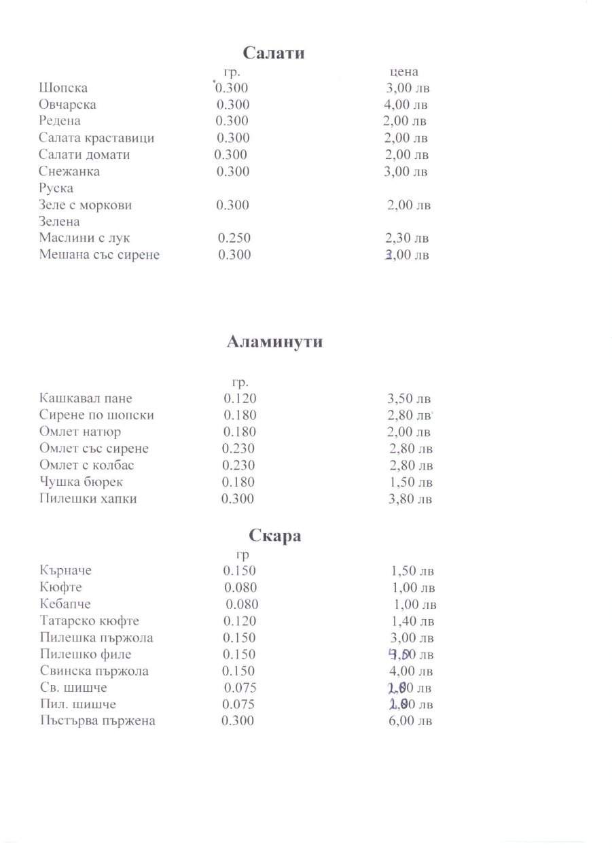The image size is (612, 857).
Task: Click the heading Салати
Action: coord(274,53)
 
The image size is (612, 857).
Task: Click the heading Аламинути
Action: coord(274,342)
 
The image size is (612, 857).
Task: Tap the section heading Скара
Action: coord(275,536)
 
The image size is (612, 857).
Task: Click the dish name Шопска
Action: coord(63,88)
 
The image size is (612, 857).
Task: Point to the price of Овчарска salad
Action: coord(406,105)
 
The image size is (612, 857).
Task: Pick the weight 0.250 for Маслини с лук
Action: coord(234,239)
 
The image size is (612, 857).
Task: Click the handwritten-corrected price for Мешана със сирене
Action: coord(407,256)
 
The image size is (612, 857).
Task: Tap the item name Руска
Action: coord(56,188)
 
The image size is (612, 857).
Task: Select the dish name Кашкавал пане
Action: coord(86,399)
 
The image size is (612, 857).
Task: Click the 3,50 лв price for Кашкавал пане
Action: coord(409,399)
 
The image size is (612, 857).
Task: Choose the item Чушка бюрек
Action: coord(82,483)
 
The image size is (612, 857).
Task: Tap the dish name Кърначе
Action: coord(65,571)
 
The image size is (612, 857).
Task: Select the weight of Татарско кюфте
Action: coord(240,621)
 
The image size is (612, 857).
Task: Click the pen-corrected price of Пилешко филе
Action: coord(410,654)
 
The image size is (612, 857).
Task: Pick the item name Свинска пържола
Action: coord(94,671)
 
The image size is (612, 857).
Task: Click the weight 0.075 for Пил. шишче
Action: coord(239,705)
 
